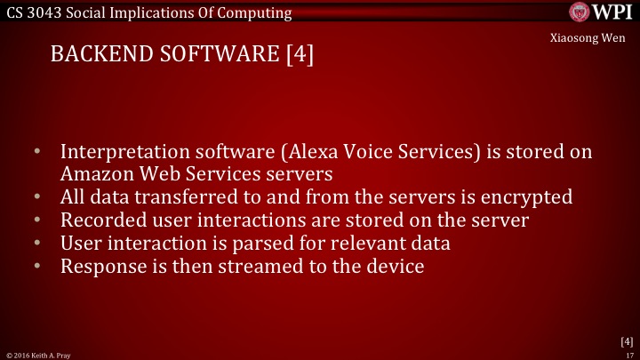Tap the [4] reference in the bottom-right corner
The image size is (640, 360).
[626, 340]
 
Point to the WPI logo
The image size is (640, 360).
[600, 12]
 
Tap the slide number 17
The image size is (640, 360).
[629, 354]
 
